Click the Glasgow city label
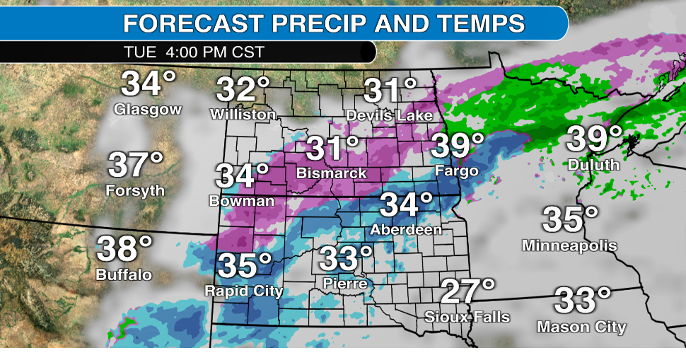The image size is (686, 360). pos(148,110)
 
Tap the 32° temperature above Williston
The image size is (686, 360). pos(243,89)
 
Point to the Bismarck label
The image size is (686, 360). pos(332,173)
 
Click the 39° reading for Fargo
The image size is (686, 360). pos(458,146)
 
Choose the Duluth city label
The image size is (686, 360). pos(593,165)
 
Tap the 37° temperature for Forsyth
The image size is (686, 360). pos(136,166)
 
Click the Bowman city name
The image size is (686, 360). pos(241,201)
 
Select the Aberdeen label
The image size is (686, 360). pos(406,229)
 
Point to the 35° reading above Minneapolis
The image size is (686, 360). pos(570,220)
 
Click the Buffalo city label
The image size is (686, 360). pos(124,274)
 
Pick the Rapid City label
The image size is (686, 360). pos(243,291)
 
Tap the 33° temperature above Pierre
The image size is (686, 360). pos(345,259)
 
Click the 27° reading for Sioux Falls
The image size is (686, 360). pos(467,291)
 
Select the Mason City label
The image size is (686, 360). pos(581,327)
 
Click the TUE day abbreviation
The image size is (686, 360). pos(137,52)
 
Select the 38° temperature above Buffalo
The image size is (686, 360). pos(124,249)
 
